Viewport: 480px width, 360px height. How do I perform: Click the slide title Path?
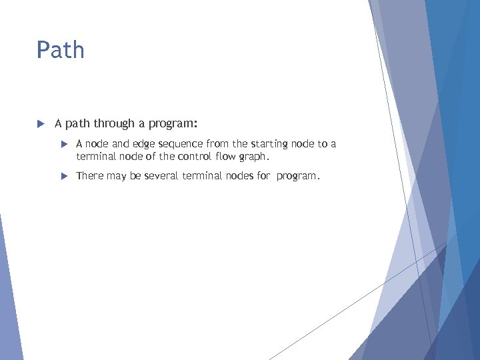[x=61, y=50]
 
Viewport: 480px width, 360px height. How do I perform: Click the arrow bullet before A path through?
[x=40, y=123]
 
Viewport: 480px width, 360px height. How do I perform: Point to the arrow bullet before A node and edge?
[x=65, y=144]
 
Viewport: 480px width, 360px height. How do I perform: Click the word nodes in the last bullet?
[x=236, y=177]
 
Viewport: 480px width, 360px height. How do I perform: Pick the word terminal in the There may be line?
[x=199, y=177]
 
